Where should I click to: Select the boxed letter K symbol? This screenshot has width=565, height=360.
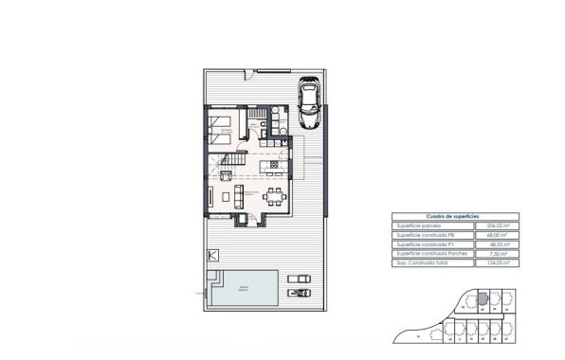[x=212, y=257]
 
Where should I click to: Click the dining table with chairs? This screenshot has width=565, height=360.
[x=274, y=198]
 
